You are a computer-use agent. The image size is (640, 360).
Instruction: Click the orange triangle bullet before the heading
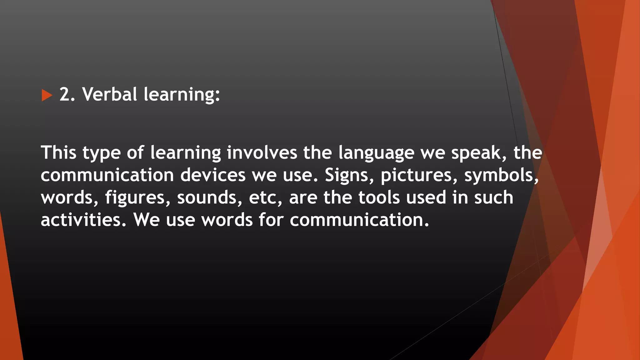click(x=47, y=95)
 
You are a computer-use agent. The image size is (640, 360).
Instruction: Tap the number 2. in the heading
click(x=67, y=94)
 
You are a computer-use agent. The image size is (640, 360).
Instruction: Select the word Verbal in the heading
click(x=109, y=94)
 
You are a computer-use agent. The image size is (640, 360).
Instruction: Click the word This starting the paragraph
click(x=58, y=152)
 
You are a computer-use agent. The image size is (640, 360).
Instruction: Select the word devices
click(x=213, y=175)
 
